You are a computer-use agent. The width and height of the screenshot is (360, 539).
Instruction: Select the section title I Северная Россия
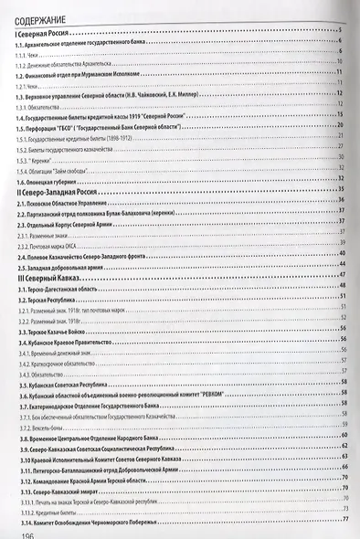click(x=46, y=34)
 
